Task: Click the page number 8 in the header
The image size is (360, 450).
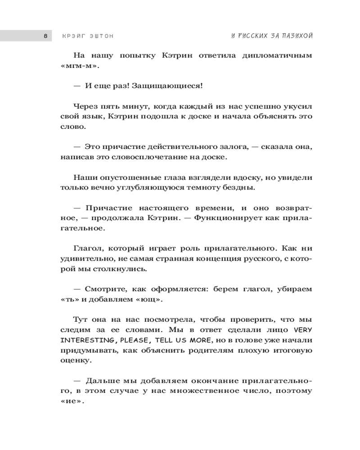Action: tap(45, 36)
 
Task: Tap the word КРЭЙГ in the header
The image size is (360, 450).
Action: tap(72, 36)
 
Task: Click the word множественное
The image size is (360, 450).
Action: tap(195, 391)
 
